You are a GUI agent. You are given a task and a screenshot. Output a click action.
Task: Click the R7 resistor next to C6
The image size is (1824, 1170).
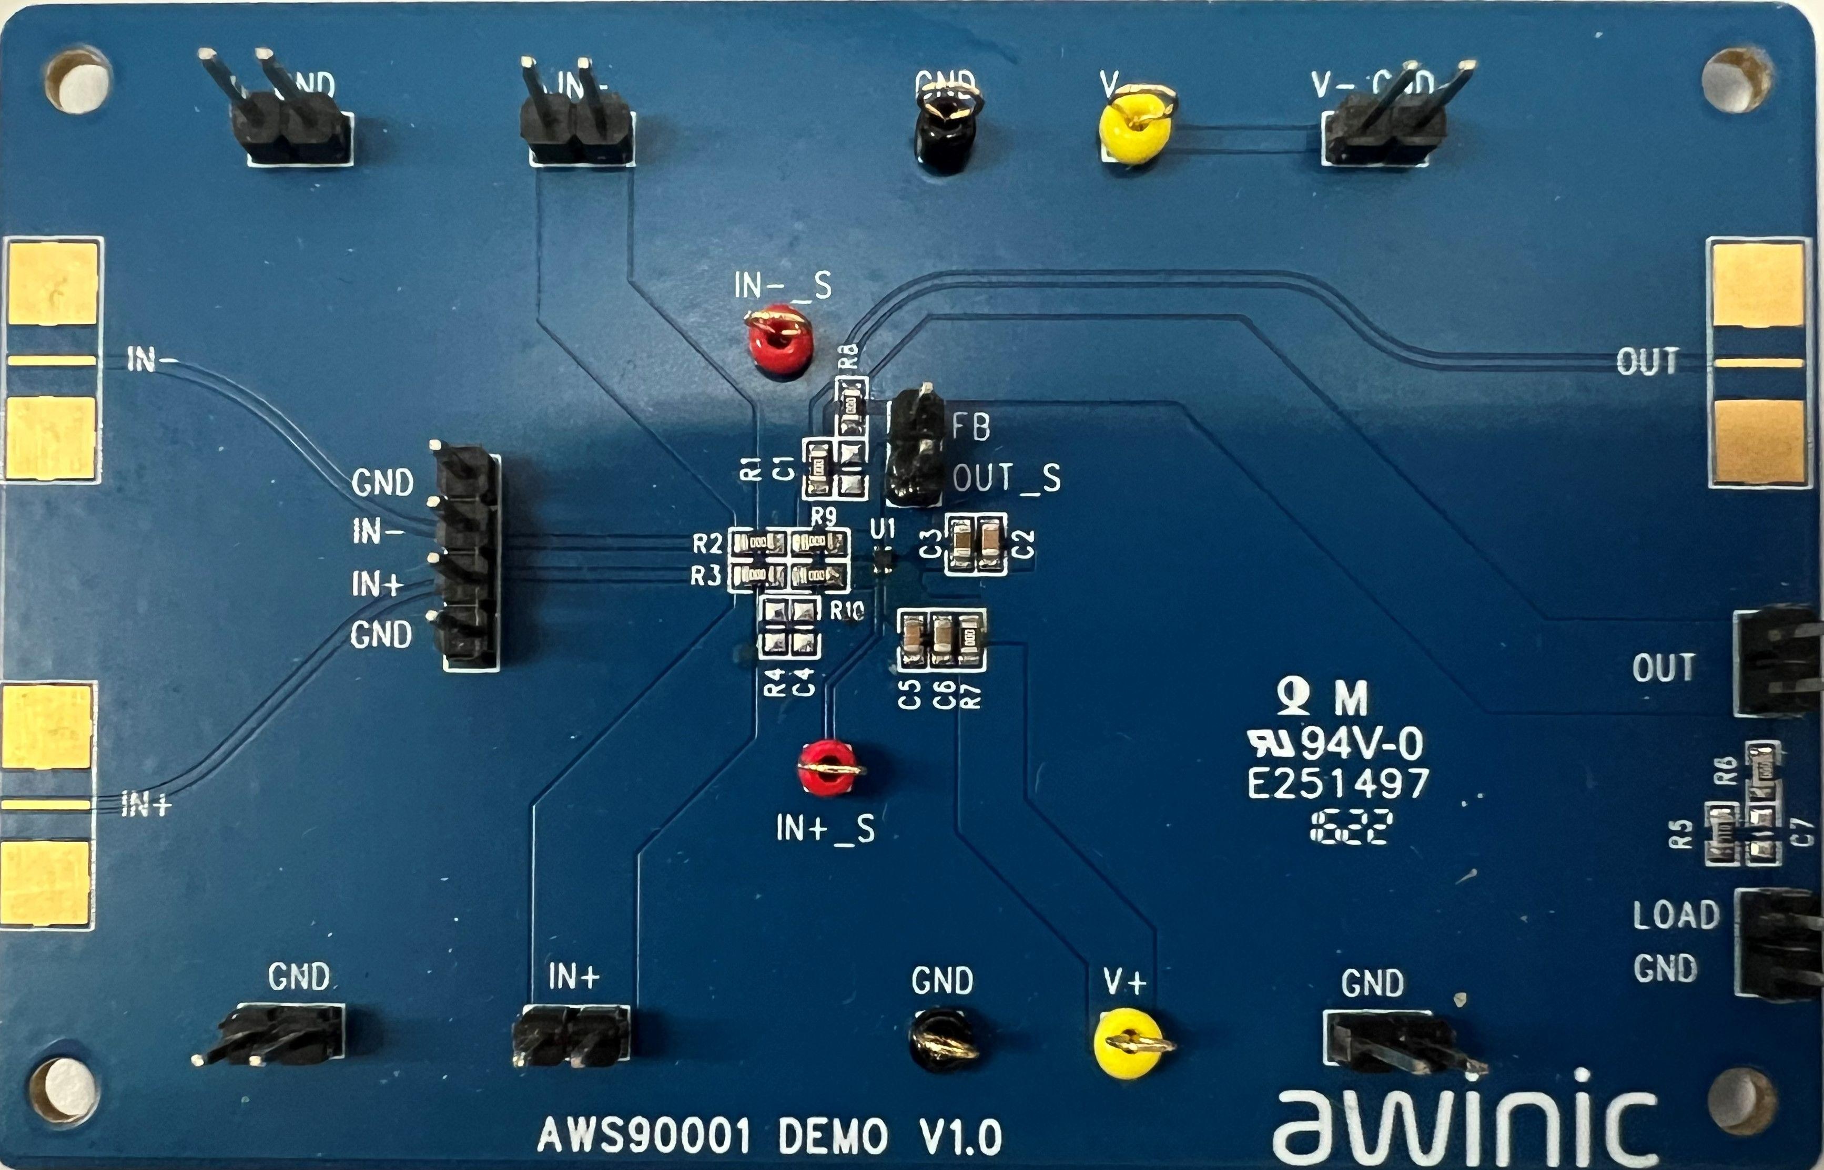(x=967, y=640)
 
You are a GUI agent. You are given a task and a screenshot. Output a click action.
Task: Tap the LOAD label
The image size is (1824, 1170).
(x=1676, y=916)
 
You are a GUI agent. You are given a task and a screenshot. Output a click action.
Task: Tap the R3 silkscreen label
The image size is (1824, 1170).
(x=705, y=577)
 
